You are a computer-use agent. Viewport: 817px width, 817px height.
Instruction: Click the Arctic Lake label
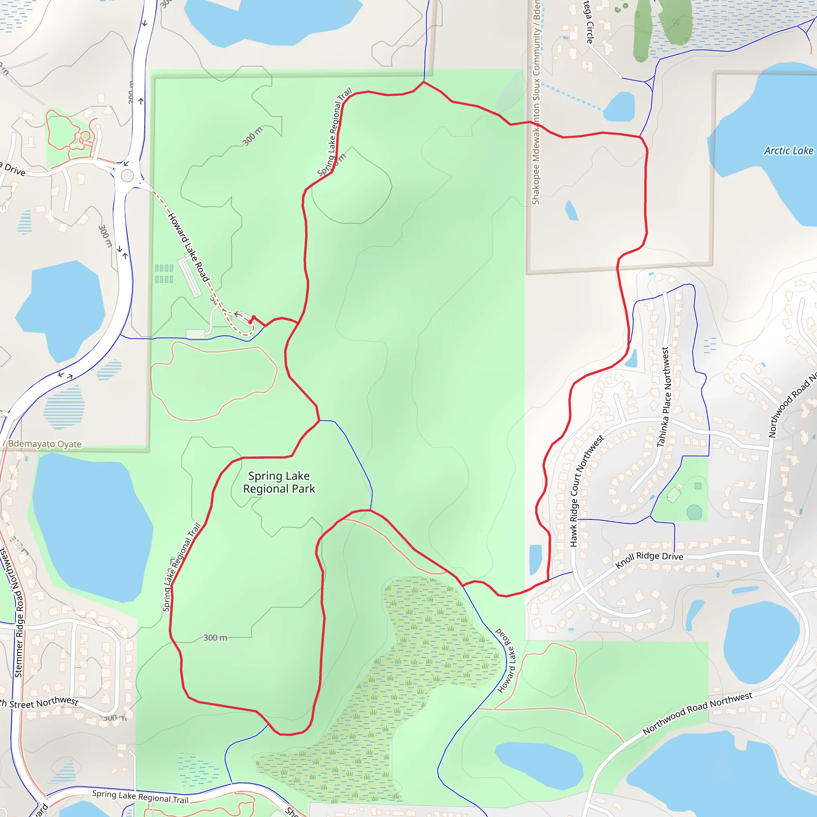788,151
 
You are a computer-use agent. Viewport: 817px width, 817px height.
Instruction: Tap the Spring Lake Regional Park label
279,483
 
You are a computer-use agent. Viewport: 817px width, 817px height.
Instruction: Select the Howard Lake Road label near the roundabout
188,247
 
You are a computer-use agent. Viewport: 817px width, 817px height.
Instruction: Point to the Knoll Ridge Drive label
649,559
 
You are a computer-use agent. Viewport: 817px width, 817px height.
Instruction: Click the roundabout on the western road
127,175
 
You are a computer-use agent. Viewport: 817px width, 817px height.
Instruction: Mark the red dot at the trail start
251,322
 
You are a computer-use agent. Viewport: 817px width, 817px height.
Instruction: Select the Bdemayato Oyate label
45,444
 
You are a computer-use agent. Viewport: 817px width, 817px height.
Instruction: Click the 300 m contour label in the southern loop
215,638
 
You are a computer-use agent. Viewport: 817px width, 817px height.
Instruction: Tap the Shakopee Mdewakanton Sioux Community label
536,101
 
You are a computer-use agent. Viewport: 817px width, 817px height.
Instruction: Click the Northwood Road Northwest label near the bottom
697,713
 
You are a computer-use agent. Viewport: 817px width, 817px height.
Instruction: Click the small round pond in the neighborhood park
694,512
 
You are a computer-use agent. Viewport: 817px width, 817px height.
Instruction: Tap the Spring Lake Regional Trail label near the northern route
334,132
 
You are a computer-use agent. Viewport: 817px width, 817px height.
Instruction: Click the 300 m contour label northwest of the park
253,136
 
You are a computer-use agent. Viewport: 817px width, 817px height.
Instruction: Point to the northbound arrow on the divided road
141,101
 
